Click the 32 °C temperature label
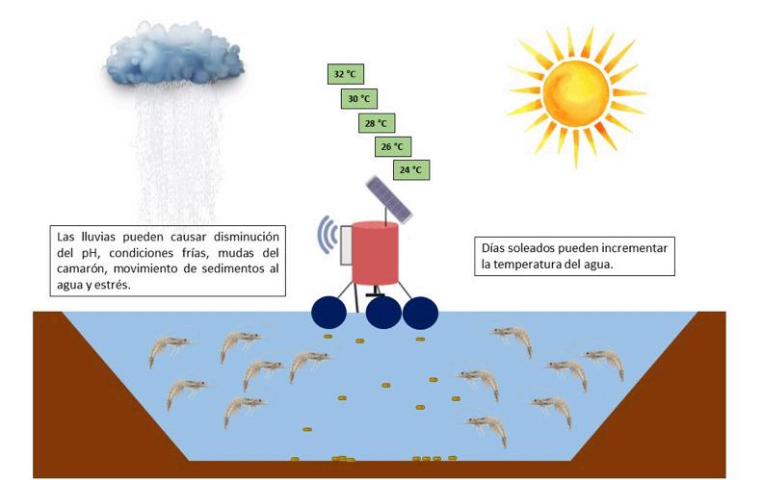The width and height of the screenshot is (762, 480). tap(343, 73)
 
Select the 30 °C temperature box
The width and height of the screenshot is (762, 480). tap(358, 98)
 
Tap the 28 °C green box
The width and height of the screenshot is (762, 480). tap(375, 123)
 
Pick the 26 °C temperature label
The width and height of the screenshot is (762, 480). tap(391, 147)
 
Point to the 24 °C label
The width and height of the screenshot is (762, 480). tap(409, 170)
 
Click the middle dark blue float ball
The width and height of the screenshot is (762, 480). tap(383, 312)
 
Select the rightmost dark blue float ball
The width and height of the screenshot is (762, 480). tap(420, 312)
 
